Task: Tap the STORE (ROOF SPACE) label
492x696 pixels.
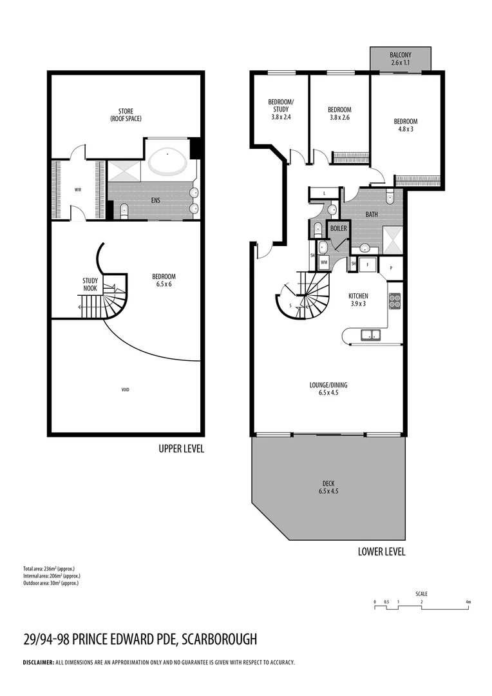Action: (x=126, y=114)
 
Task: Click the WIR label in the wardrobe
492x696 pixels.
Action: (x=78, y=190)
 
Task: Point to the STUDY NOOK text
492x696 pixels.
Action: (x=90, y=284)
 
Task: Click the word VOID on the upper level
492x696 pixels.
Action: (x=125, y=390)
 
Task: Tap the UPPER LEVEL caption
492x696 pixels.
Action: (x=181, y=449)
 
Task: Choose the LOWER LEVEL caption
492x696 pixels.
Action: (x=381, y=552)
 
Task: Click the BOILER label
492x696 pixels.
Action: (x=338, y=228)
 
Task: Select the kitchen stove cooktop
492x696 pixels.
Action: (x=394, y=301)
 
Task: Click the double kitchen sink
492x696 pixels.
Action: (x=370, y=334)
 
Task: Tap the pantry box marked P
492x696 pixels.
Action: (x=391, y=266)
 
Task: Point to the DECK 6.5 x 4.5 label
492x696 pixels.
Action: (x=328, y=487)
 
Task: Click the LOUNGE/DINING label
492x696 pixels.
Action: (x=328, y=388)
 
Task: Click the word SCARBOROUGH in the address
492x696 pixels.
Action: (x=220, y=639)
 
